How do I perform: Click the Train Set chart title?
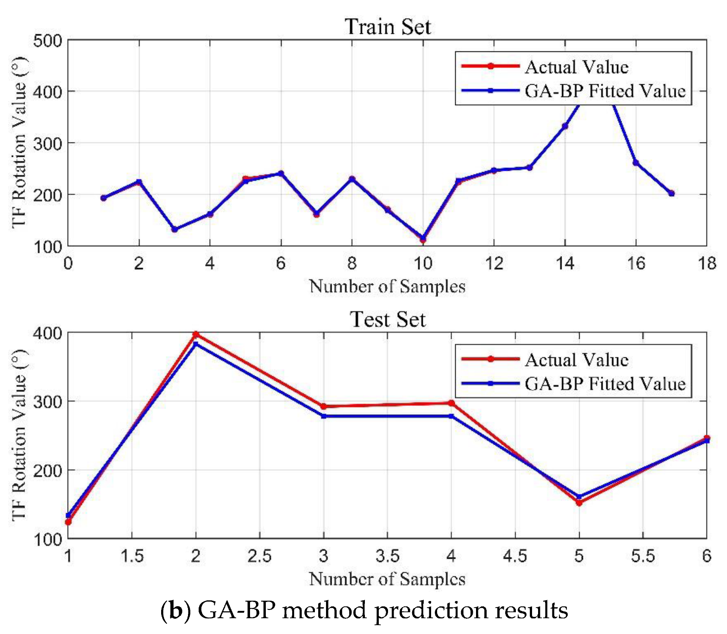tap(388, 26)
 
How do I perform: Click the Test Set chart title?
tap(388, 319)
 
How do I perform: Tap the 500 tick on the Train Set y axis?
tap(48, 41)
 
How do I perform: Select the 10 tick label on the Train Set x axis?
tap(422, 263)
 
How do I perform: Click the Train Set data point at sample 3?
tap(175, 230)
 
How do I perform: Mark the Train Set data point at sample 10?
tap(423, 239)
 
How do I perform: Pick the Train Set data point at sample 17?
tap(671, 193)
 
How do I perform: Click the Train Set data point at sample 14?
tap(565, 126)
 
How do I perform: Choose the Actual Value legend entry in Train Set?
tap(576, 67)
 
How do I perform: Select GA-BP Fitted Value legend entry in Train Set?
tap(605, 91)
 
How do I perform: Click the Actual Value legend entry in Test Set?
tap(576, 360)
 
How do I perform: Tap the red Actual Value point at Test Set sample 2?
tap(196, 334)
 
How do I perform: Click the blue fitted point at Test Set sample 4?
tap(451, 416)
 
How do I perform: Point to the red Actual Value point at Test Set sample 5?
tap(579, 503)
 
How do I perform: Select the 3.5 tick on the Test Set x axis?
tap(388, 556)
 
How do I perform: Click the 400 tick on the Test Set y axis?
tap(48, 333)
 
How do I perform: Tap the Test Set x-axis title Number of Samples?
tap(387, 578)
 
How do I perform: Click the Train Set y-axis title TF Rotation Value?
tap(19, 143)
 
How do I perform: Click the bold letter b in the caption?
tap(175, 611)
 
